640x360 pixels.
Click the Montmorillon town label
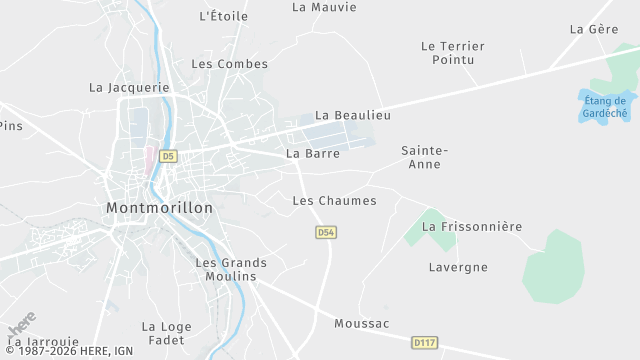[x=159, y=207]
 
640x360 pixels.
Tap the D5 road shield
[x=168, y=156]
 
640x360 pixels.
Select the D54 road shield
[x=325, y=232]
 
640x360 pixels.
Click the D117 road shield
[x=424, y=343]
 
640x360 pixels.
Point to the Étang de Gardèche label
[x=605, y=106]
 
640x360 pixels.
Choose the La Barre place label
[x=313, y=154]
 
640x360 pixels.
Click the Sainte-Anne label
[x=424, y=157]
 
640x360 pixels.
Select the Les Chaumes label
[x=334, y=201]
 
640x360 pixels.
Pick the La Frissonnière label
[x=472, y=227]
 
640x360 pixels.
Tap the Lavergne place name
[x=458, y=267]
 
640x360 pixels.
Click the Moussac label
[x=361, y=323]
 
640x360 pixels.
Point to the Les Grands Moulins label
[x=226, y=269]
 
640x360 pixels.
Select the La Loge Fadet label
[x=166, y=333]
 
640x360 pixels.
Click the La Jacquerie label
[x=130, y=87]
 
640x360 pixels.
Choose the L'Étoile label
[x=224, y=16]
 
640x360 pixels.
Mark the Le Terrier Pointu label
[x=453, y=53]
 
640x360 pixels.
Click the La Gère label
[x=594, y=29]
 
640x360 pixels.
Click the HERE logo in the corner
[x=22, y=325]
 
